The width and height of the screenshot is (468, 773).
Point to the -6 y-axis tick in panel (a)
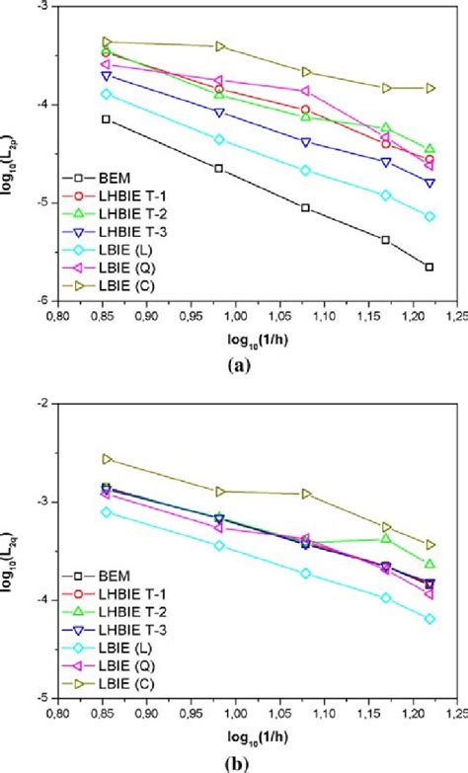tap(45, 299)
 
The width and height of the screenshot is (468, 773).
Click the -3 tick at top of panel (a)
tap(45, 7)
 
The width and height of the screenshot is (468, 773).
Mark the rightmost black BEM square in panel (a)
tap(429, 267)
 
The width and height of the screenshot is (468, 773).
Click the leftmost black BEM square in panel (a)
tap(106, 119)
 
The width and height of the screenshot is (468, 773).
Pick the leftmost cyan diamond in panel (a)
tap(106, 94)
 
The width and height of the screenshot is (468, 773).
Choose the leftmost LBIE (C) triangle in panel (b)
tap(107, 459)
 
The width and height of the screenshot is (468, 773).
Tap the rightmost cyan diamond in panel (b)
tap(429, 619)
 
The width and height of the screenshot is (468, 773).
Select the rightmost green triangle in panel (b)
tap(429, 564)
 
